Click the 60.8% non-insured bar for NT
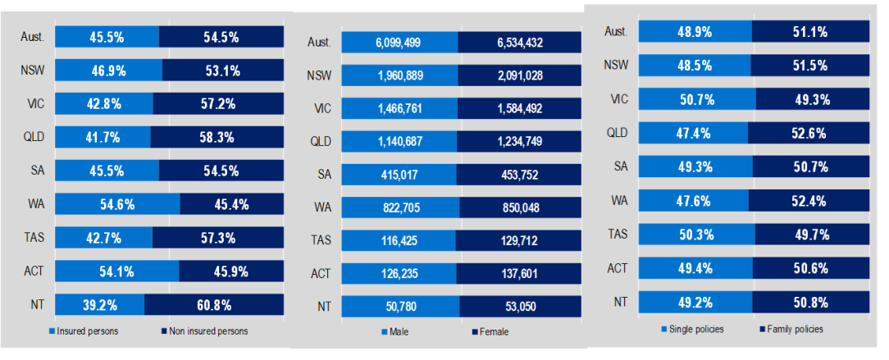(x=214, y=305)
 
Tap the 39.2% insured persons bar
(x=99, y=305)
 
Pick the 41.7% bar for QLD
(x=103, y=137)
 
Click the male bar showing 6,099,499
(x=399, y=43)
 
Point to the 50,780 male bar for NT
(x=400, y=308)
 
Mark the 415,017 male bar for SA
(x=399, y=175)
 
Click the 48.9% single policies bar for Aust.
(x=695, y=32)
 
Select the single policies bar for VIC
(x=697, y=98)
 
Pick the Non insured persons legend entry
(x=206, y=331)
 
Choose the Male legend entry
(x=398, y=332)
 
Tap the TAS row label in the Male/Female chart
(x=321, y=241)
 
